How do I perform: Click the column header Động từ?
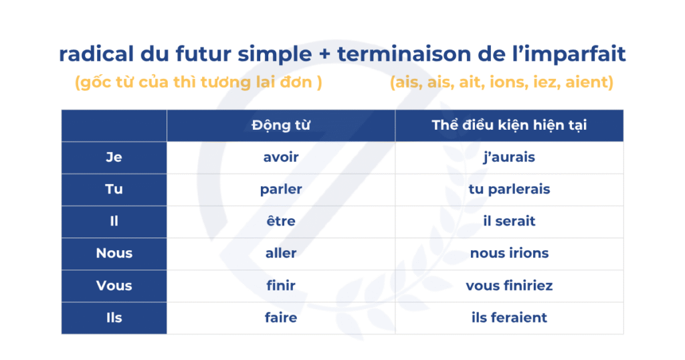coord(281,125)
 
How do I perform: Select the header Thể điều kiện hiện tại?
coord(509,125)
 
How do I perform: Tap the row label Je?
coord(114,157)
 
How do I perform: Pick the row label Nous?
coord(114,253)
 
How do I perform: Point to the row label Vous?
coord(114,285)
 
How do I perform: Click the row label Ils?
coord(114,318)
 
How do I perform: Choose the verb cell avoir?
coord(281,157)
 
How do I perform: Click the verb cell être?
coord(281,221)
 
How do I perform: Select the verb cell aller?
coord(281,253)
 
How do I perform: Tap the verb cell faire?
coord(281,318)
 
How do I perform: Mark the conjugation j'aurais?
coord(509,157)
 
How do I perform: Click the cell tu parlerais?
coord(509,189)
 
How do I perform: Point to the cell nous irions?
coord(509,253)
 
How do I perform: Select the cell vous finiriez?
coord(509,285)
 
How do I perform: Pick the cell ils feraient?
coord(509,318)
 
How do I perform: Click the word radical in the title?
coord(96,54)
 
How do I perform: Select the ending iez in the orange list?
coord(547,82)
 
